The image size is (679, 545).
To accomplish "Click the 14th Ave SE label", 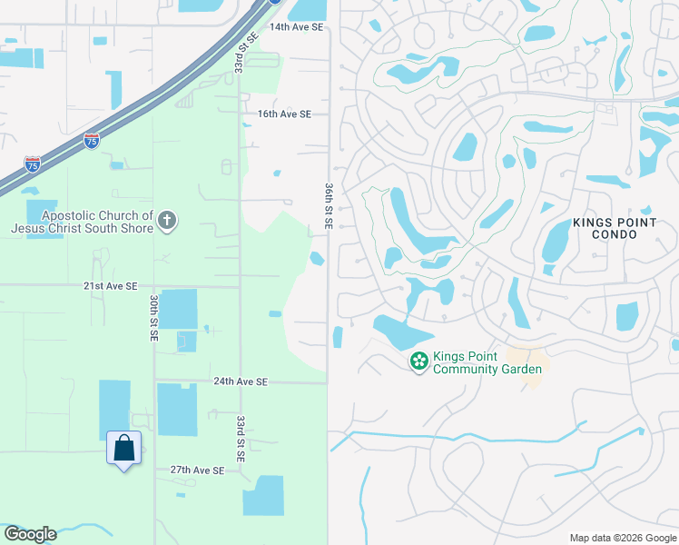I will tap(296, 27).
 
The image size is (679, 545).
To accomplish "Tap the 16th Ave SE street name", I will tap(284, 114).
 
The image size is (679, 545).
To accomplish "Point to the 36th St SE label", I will tap(329, 204).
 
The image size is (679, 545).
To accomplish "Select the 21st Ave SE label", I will tap(111, 285).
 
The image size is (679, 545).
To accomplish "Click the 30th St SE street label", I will tap(154, 318).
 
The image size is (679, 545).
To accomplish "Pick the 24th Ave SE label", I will tap(241, 382).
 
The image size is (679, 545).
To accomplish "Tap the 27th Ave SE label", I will tap(197, 471).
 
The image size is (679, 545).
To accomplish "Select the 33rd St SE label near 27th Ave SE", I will tap(241, 440).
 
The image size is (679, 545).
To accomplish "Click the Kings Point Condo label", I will tap(616, 228).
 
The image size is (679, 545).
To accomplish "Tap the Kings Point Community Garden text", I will tap(487, 362).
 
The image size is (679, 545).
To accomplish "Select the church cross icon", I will tap(166, 220).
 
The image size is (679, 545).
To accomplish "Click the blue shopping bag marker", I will tap(123, 448).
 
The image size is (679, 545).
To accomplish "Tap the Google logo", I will tap(30, 534).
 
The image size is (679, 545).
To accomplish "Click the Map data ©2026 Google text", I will tap(622, 538).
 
